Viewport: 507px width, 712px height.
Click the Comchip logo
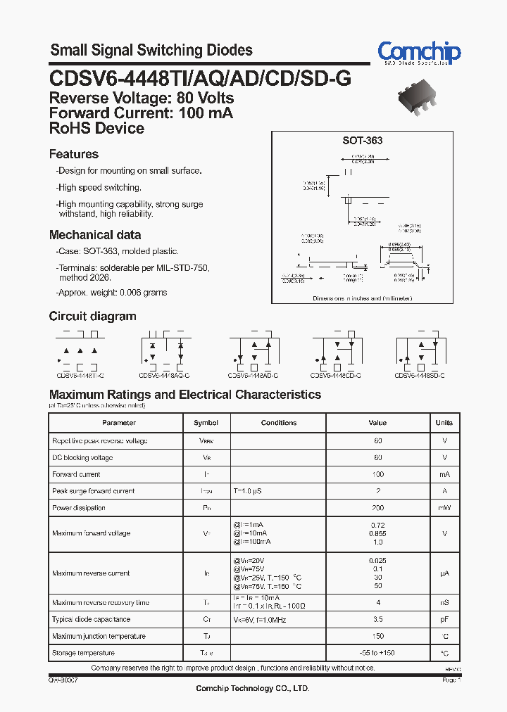click(419, 53)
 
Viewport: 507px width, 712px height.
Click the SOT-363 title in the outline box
click(363, 141)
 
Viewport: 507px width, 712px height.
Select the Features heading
click(74, 154)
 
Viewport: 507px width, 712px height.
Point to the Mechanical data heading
click(95, 235)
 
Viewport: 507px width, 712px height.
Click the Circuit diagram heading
click(93, 317)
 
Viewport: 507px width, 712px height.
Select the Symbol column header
click(206, 423)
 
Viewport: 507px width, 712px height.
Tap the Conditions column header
click(279, 423)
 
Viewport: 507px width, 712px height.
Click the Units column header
click(444, 423)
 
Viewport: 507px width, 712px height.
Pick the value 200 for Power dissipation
click(378, 508)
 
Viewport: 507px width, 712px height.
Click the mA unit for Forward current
click(444, 474)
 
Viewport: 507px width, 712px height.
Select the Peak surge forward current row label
click(94, 491)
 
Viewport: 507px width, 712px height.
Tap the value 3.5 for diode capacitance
click(378, 620)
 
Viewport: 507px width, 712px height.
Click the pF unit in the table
click(444, 620)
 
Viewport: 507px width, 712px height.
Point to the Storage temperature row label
click(84, 654)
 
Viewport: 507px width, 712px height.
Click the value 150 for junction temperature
click(378, 637)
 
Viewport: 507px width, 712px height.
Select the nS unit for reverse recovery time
click(444, 603)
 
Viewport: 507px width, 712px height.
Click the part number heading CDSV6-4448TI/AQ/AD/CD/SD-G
click(200, 79)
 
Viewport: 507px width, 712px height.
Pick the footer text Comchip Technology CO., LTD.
click(252, 688)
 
